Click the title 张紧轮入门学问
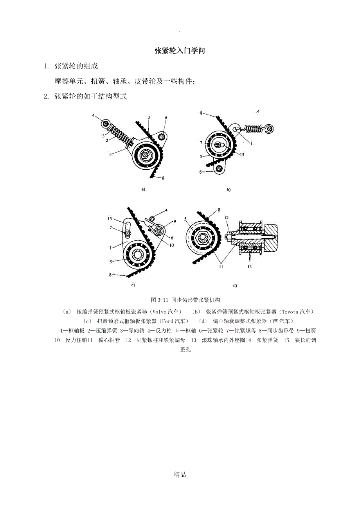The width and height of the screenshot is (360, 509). tap(180, 51)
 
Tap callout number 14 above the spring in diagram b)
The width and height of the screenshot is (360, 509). tap(257, 112)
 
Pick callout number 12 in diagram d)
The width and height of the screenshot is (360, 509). tap(226, 217)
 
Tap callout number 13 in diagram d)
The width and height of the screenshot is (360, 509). tap(249, 267)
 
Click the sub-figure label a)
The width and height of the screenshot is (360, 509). tap(143, 189)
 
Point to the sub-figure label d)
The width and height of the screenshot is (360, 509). tap(235, 286)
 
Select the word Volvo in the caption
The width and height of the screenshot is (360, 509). tap(159, 312)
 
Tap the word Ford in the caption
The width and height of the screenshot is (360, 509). tap(170, 321)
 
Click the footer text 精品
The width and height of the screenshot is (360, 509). tap(180, 475)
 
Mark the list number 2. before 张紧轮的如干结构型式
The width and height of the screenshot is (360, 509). tap(46, 97)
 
